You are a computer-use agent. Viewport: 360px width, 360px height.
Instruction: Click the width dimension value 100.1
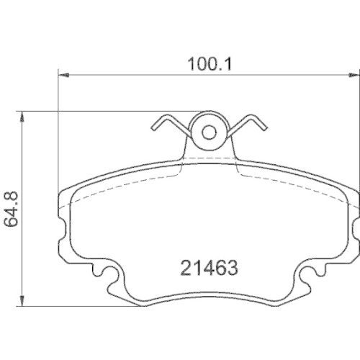click(x=208, y=63)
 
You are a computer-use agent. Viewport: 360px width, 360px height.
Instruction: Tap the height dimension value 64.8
click(x=12, y=210)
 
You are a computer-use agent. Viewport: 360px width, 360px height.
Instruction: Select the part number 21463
click(x=208, y=268)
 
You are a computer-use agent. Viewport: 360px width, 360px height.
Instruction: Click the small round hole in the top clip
click(x=209, y=132)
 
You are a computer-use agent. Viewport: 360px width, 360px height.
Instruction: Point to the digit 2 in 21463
click(x=184, y=268)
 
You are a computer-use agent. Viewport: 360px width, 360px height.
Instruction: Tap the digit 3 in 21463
click(x=232, y=268)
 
